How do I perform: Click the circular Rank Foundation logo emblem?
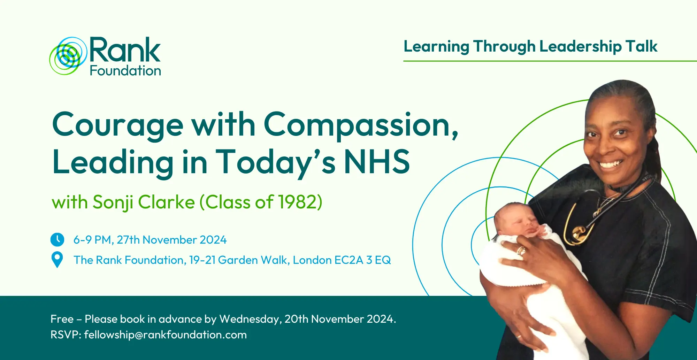tap(68, 56)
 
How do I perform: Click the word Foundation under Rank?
tap(125, 71)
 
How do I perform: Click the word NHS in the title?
tap(377, 161)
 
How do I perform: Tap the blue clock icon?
tap(57, 240)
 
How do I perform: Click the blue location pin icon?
tap(57, 260)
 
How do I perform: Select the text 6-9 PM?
tap(92, 240)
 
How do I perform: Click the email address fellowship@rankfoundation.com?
tap(166, 335)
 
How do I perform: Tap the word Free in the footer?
tap(62, 319)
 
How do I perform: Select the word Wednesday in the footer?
tap(251, 319)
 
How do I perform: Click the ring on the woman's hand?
tap(521, 251)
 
